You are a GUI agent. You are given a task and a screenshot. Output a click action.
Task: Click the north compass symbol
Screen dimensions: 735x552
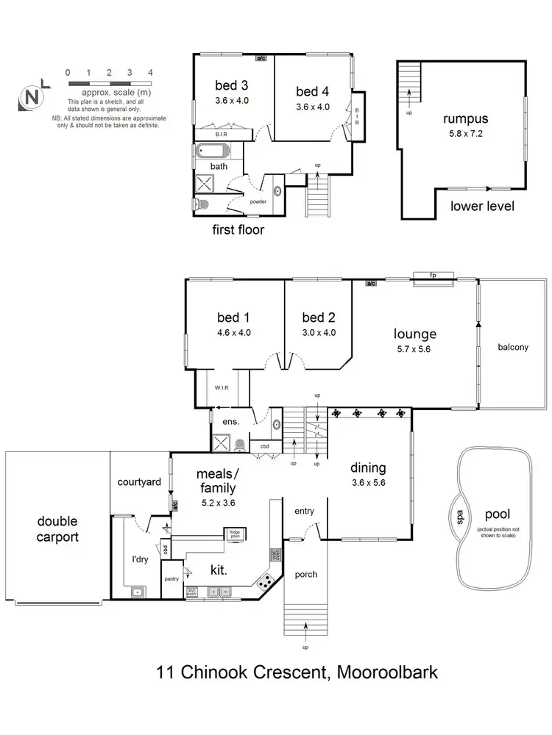tap(32, 96)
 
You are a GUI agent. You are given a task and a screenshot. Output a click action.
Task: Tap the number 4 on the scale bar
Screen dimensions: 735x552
tap(150, 73)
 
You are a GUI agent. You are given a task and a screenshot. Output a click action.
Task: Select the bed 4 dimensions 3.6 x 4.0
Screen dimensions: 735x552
tap(313, 107)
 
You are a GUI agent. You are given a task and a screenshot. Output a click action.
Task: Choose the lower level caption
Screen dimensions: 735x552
tap(482, 207)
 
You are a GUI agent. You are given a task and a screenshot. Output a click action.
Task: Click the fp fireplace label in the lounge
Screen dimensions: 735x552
tap(434, 276)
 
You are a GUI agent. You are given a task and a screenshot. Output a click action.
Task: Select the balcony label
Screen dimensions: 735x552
tap(513, 348)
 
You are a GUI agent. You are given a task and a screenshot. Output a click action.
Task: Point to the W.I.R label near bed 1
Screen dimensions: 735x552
tap(224, 387)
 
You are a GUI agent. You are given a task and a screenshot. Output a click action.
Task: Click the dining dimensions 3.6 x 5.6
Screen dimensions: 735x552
tap(368, 483)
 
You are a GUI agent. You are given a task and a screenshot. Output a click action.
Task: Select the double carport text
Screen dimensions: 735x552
tap(58, 529)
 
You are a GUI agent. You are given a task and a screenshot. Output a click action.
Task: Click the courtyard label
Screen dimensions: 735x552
tap(139, 482)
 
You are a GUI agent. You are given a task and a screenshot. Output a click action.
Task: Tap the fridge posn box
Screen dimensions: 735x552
tap(236, 534)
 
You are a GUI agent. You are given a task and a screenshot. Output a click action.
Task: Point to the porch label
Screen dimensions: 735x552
tap(305, 574)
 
